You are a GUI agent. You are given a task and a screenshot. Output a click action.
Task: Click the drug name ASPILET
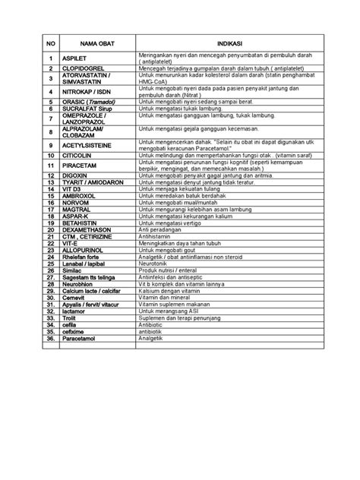(75, 58)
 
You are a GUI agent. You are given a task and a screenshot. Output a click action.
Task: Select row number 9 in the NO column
(49, 143)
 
